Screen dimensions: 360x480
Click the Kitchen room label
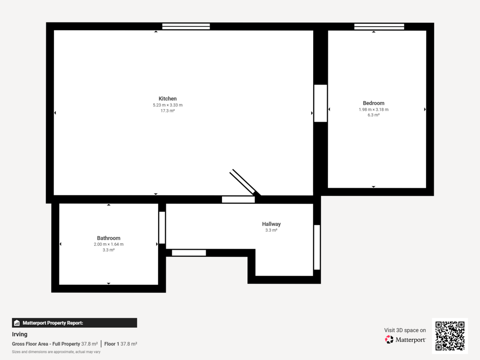[168, 99]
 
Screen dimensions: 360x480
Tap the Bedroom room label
[374, 103]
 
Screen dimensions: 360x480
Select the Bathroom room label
[108, 238]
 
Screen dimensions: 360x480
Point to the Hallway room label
[271, 224]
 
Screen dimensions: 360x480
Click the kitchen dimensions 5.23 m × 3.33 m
[168, 105]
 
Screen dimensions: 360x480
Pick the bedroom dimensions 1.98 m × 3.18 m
[374, 110]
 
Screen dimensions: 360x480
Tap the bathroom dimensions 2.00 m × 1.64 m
[108, 244]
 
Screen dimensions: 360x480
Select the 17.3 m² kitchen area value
[168, 111]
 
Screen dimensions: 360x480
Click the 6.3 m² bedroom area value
[374, 115]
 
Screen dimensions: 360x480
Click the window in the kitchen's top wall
[186, 26]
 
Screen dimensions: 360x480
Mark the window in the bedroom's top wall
[379, 26]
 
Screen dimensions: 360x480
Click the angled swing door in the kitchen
[244, 182]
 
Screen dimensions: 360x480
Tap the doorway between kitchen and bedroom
[320, 103]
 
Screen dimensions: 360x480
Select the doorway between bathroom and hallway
[162, 228]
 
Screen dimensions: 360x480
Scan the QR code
[450, 336]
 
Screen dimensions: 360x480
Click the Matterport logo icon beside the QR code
[389, 340]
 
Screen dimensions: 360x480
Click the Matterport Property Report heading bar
[74, 323]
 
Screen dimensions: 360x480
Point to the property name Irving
[20, 334]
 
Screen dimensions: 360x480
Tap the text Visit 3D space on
[405, 330]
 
